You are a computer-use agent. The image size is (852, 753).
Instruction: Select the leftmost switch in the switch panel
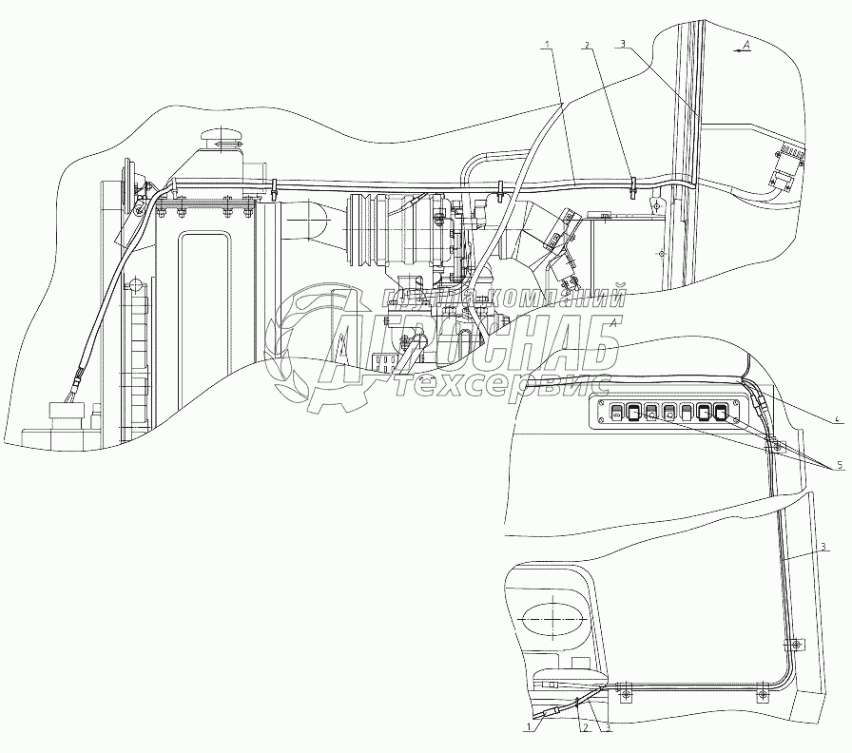point(616,413)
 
